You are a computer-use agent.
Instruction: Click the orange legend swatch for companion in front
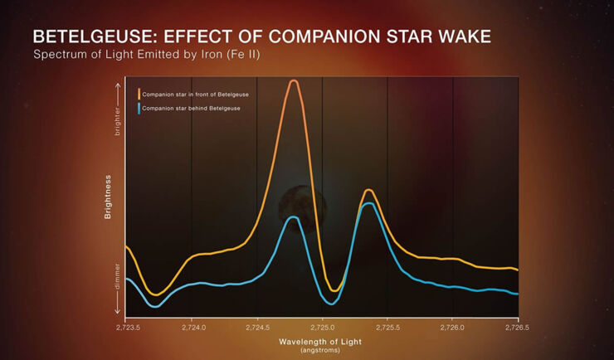[x=139, y=94]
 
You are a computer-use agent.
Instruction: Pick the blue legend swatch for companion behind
[x=139, y=109]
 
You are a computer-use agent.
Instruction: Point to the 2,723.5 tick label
[x=126, y=328]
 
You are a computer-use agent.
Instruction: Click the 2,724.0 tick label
[x=192, y=328]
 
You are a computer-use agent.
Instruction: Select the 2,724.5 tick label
[x=257, y=328]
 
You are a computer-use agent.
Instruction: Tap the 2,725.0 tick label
[x=322, y=328]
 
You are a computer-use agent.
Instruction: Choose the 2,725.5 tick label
[x=387, y=328]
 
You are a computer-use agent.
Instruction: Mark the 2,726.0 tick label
[x=453, y=328]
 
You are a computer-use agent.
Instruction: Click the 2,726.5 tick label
[x=518, y=328]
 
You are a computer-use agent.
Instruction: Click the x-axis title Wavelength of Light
[x=321, y=342]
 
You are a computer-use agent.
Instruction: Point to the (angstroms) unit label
[x=321, y=350]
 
